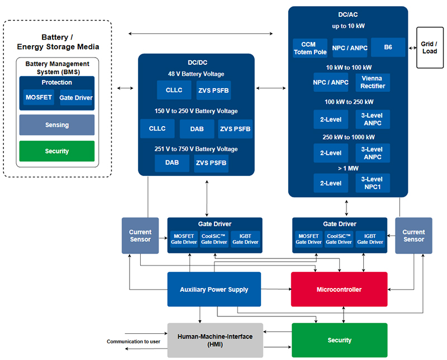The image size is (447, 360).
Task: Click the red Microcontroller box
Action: tap(339, 289)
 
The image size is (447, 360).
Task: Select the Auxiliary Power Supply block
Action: tap(214, 289)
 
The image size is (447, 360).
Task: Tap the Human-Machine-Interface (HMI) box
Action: tap(215, 340)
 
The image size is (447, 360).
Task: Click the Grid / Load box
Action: tap(430, 47)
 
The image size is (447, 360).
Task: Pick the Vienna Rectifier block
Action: tap(373, 82)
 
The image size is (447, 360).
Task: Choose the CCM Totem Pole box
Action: tap(310, 48)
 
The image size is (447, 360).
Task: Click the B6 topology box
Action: tap(388, 47)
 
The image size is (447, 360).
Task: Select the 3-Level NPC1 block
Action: tap(373, 183)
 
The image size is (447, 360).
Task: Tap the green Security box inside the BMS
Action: tap(57, 151)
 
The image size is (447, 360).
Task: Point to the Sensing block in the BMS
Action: tap(57, 125)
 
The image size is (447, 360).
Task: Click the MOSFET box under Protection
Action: tap(39, 98)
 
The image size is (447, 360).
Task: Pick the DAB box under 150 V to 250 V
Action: tap(197, 129)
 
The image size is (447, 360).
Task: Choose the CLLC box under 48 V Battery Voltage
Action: tap(174, 90)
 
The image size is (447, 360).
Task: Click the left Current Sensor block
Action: tap(140, 236)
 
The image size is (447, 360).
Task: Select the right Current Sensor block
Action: tap(413, 236)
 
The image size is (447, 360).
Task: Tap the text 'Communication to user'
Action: tap(134, 341)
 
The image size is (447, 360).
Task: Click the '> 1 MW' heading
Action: tap(348, 169)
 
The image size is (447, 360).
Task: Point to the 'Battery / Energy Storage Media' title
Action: tap(58, 42)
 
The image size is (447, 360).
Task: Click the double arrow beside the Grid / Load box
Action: tap(412, 48)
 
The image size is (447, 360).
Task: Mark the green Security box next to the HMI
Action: tap(340, 340)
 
